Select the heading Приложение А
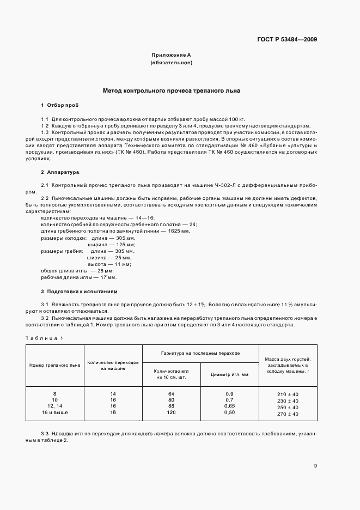tap(171, 55)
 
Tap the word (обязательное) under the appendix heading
tap(171, 63)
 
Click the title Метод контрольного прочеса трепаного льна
tap(172, 91)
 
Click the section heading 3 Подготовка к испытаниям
tap(79, 292)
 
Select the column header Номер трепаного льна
tap(54, 365)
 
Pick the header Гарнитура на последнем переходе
tap(200, 353)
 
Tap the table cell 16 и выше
tap(54, 412)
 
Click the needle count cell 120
tap(171, 412)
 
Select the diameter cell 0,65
tap(229, 406)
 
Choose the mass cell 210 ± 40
tap(288, 394)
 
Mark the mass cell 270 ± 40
tap(288, 414)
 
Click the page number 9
tap(315, 465)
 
